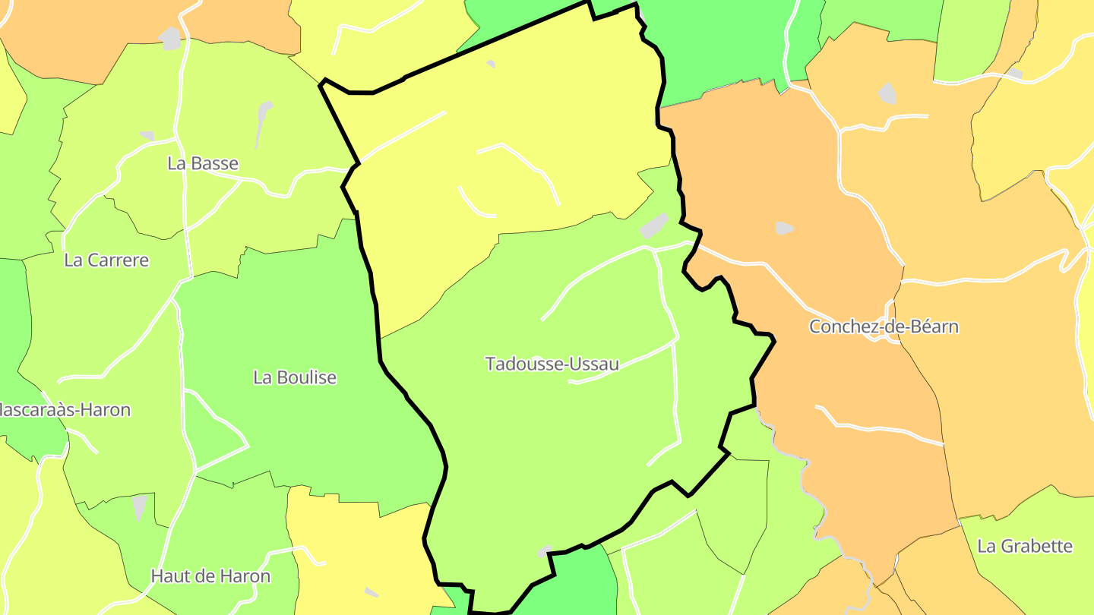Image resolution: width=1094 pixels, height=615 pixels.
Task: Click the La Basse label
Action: (x=202, y=163)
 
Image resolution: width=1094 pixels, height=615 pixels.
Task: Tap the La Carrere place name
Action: (x=106, y=260)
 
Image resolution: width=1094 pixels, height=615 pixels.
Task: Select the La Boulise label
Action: (x=295, y=377)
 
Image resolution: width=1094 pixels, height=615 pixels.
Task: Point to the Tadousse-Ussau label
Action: (x=552, y=364)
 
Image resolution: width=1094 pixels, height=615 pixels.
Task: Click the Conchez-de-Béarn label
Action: (x=884, y=326)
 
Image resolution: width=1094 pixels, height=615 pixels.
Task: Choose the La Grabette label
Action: (x=1024, y=546)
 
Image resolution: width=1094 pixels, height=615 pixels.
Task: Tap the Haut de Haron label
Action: (x=210, y=576)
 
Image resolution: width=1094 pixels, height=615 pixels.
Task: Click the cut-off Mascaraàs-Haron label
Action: (x=65, y=410)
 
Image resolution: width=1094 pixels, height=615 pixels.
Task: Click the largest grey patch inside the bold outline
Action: (x=653, y=225)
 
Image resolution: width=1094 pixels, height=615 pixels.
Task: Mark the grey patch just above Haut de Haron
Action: (x=140, y=506)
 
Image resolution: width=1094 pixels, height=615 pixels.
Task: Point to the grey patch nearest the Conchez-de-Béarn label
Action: (x=784, y=227)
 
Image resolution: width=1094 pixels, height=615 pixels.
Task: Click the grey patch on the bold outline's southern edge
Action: (x=545, y=550)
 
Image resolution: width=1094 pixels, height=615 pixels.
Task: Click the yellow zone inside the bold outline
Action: (x=494, y=152)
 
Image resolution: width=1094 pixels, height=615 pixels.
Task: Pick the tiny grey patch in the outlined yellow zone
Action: (x=491, y=64)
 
